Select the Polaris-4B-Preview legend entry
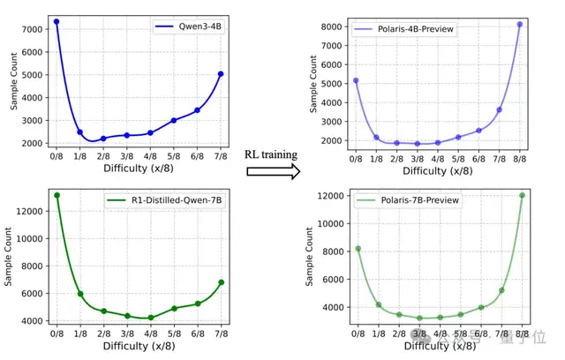coord(405,29)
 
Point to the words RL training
coord(270,154)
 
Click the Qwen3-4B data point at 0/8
coord(56,21)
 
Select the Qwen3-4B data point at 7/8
coord(221,74)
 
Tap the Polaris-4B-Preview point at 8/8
coord(520,24)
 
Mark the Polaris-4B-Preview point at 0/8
coord(356,80)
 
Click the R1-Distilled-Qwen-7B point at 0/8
coord(56,195)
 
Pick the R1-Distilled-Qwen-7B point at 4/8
coord(151,318)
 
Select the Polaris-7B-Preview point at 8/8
coord(522,195)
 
